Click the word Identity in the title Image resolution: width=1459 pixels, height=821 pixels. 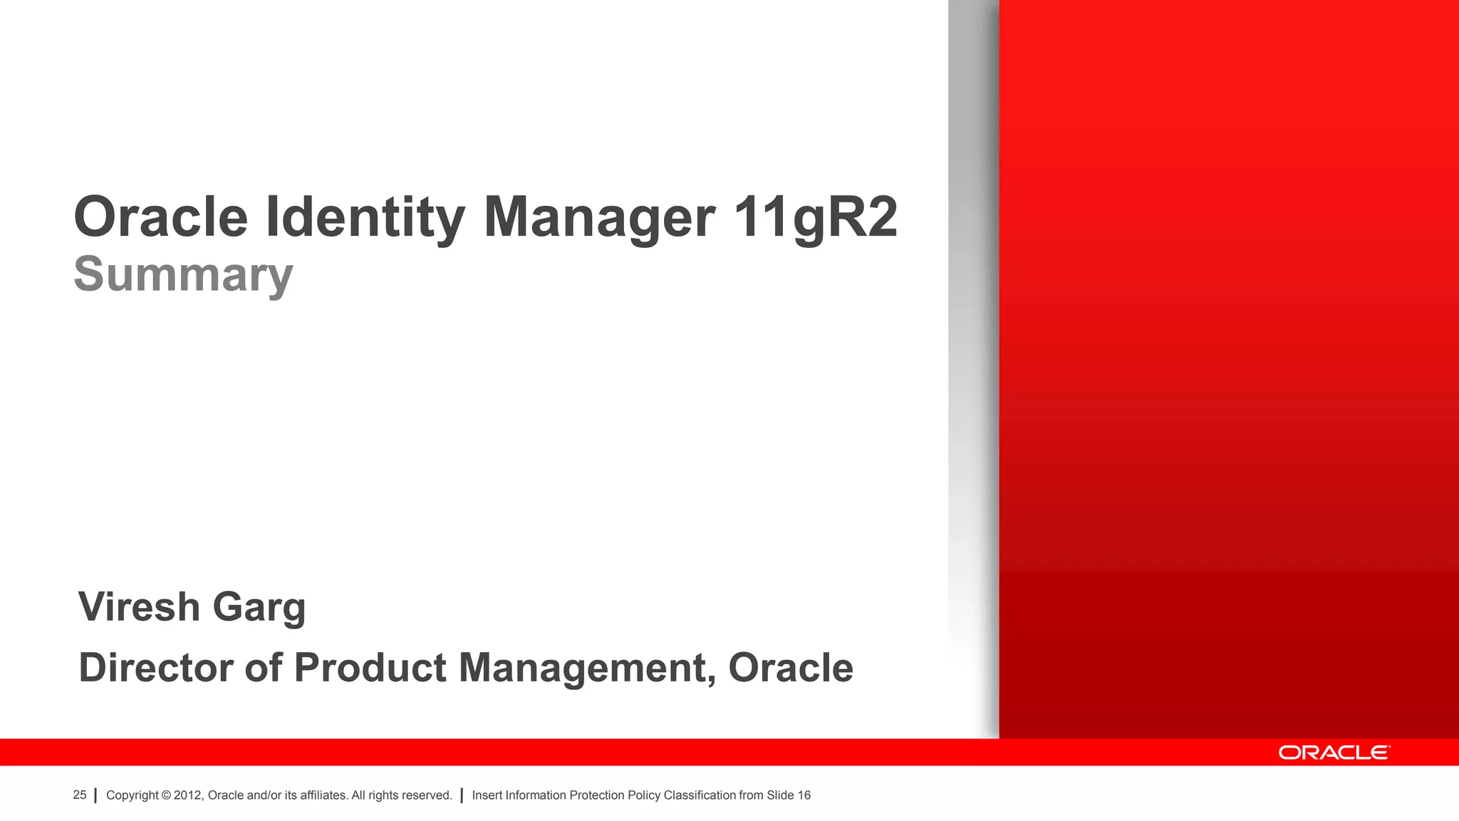tap(365, 217)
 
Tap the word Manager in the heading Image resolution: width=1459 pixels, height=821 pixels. tap(599, 217)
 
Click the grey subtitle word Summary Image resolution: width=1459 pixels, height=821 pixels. tap(183, 274)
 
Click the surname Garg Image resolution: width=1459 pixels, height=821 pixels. tap(259, 608)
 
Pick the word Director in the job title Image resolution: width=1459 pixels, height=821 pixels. tap(155, 668)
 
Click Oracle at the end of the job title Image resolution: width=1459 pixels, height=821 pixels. tap(790, 668)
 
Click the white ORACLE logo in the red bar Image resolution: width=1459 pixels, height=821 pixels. tap(1334, 753)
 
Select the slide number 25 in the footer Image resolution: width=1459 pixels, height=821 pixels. tap(80, 795)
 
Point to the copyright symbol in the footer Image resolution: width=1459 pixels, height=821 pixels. tap(167, 795)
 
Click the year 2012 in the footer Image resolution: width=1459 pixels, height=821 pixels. tap(188, 795)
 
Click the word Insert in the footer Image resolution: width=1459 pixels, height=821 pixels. tap(487, 795)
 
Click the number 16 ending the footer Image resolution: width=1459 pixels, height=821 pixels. tap(804, 795)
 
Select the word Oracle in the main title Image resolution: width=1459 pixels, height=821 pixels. tap(161, 217)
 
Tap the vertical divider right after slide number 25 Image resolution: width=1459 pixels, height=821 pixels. tap(95, 795)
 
